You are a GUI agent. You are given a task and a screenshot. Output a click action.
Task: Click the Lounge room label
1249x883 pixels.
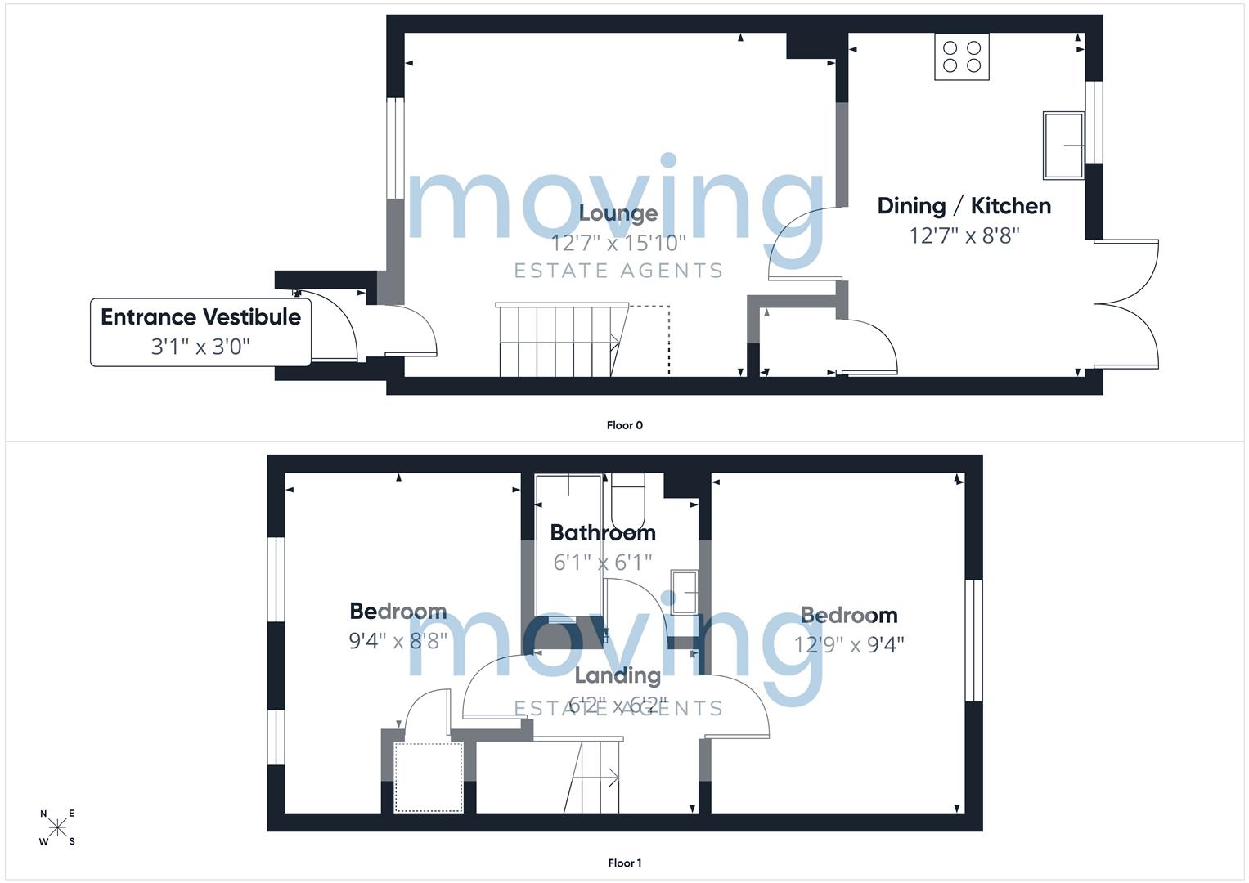click(x=618, y=213)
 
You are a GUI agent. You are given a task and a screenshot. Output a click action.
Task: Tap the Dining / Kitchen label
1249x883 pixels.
click(x=964, y=206)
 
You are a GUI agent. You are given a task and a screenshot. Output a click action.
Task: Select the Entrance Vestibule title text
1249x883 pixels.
click(x=200, y=316)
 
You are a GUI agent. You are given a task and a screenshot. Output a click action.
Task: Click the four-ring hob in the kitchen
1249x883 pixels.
click(x=962, y=56)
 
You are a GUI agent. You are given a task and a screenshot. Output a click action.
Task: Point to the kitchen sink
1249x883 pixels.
click(x=1063, y=146)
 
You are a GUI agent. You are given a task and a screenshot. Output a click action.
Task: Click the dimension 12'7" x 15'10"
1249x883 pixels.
click(x=618, y=243)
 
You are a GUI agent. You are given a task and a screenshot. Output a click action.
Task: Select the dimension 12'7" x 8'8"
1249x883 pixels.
click(x=964, y=235)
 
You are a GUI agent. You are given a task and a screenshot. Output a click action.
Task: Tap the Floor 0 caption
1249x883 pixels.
click(x=625, y=425)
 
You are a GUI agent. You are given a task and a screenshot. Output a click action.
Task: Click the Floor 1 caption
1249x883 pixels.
click(x=625, y=863)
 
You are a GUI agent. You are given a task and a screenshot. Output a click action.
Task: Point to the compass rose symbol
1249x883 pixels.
click(x=57, y=827)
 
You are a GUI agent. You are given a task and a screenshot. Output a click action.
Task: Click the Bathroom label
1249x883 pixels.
click(x=603, y=533)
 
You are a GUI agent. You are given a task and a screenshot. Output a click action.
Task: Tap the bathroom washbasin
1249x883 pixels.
click(x=684, y=592)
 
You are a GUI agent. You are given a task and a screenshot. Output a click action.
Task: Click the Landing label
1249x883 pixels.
click(x=618, y=675)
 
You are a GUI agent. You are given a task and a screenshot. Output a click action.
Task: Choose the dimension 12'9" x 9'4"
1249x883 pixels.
click(x=849, y=645)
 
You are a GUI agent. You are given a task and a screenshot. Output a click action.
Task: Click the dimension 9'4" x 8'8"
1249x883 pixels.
click(x=398, y=641)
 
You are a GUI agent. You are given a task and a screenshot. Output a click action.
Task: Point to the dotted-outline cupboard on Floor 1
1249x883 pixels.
click(x=429, y=777)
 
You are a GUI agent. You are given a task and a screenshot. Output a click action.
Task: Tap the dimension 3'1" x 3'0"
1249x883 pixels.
click(x=200, y=347)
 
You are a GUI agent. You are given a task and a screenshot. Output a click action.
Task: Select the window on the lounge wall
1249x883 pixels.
click(x=395, y=148)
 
